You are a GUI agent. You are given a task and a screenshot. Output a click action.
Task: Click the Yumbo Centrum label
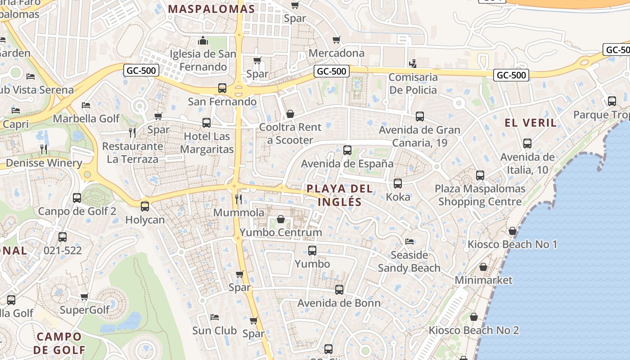pos(281,232)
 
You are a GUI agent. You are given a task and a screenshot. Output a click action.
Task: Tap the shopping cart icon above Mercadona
pos(336,40)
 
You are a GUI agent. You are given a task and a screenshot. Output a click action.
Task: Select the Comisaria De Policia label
pos(413,83)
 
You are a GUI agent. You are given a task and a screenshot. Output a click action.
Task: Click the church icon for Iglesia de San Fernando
pos(203,41)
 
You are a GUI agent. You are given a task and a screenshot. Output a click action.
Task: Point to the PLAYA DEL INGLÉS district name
pos(340,195)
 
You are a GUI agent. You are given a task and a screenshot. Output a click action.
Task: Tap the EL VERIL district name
pos(531,123)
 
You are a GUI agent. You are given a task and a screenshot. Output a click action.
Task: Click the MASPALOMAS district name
pos(211,9)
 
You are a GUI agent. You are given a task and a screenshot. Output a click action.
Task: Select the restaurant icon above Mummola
pos(238,199)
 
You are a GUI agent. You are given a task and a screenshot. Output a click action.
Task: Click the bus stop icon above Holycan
pos(145,207)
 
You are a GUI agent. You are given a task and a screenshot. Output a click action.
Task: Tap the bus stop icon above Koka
pos(398,184)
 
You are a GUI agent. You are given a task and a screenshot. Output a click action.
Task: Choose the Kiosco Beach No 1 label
pos(512,244)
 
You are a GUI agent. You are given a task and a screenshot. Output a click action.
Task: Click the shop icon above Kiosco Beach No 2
pos(473,317)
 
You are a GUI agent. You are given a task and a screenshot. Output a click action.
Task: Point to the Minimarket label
pos(483,280)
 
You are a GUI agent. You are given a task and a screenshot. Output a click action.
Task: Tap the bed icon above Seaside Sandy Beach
pos(409,242)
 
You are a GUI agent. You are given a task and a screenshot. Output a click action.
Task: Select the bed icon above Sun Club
pos(215,317)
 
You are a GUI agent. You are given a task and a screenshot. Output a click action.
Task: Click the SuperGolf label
pos(85,310)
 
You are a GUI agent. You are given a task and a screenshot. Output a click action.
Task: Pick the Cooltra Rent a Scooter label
pos(290,134)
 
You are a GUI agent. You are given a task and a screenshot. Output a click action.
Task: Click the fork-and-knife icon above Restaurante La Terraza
pos(132,132)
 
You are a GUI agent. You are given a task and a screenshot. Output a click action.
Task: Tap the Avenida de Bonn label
pos(339,303)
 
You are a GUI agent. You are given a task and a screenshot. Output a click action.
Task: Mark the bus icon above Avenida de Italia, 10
pos(527,144)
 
